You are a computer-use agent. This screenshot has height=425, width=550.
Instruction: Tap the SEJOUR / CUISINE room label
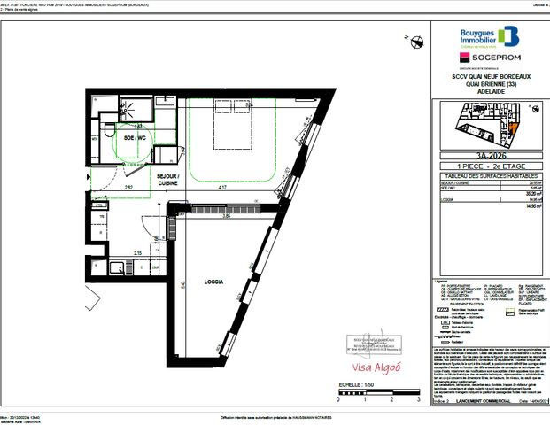(x=168, y=181)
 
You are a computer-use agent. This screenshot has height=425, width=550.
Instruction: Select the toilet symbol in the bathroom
(x=108, y=134)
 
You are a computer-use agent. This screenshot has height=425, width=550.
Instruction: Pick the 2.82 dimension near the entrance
(x=128, y=188)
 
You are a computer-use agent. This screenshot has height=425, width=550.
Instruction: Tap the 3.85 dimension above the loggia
(x=226, y=215)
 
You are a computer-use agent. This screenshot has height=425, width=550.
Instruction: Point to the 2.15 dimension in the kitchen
(x=136, y=254)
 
